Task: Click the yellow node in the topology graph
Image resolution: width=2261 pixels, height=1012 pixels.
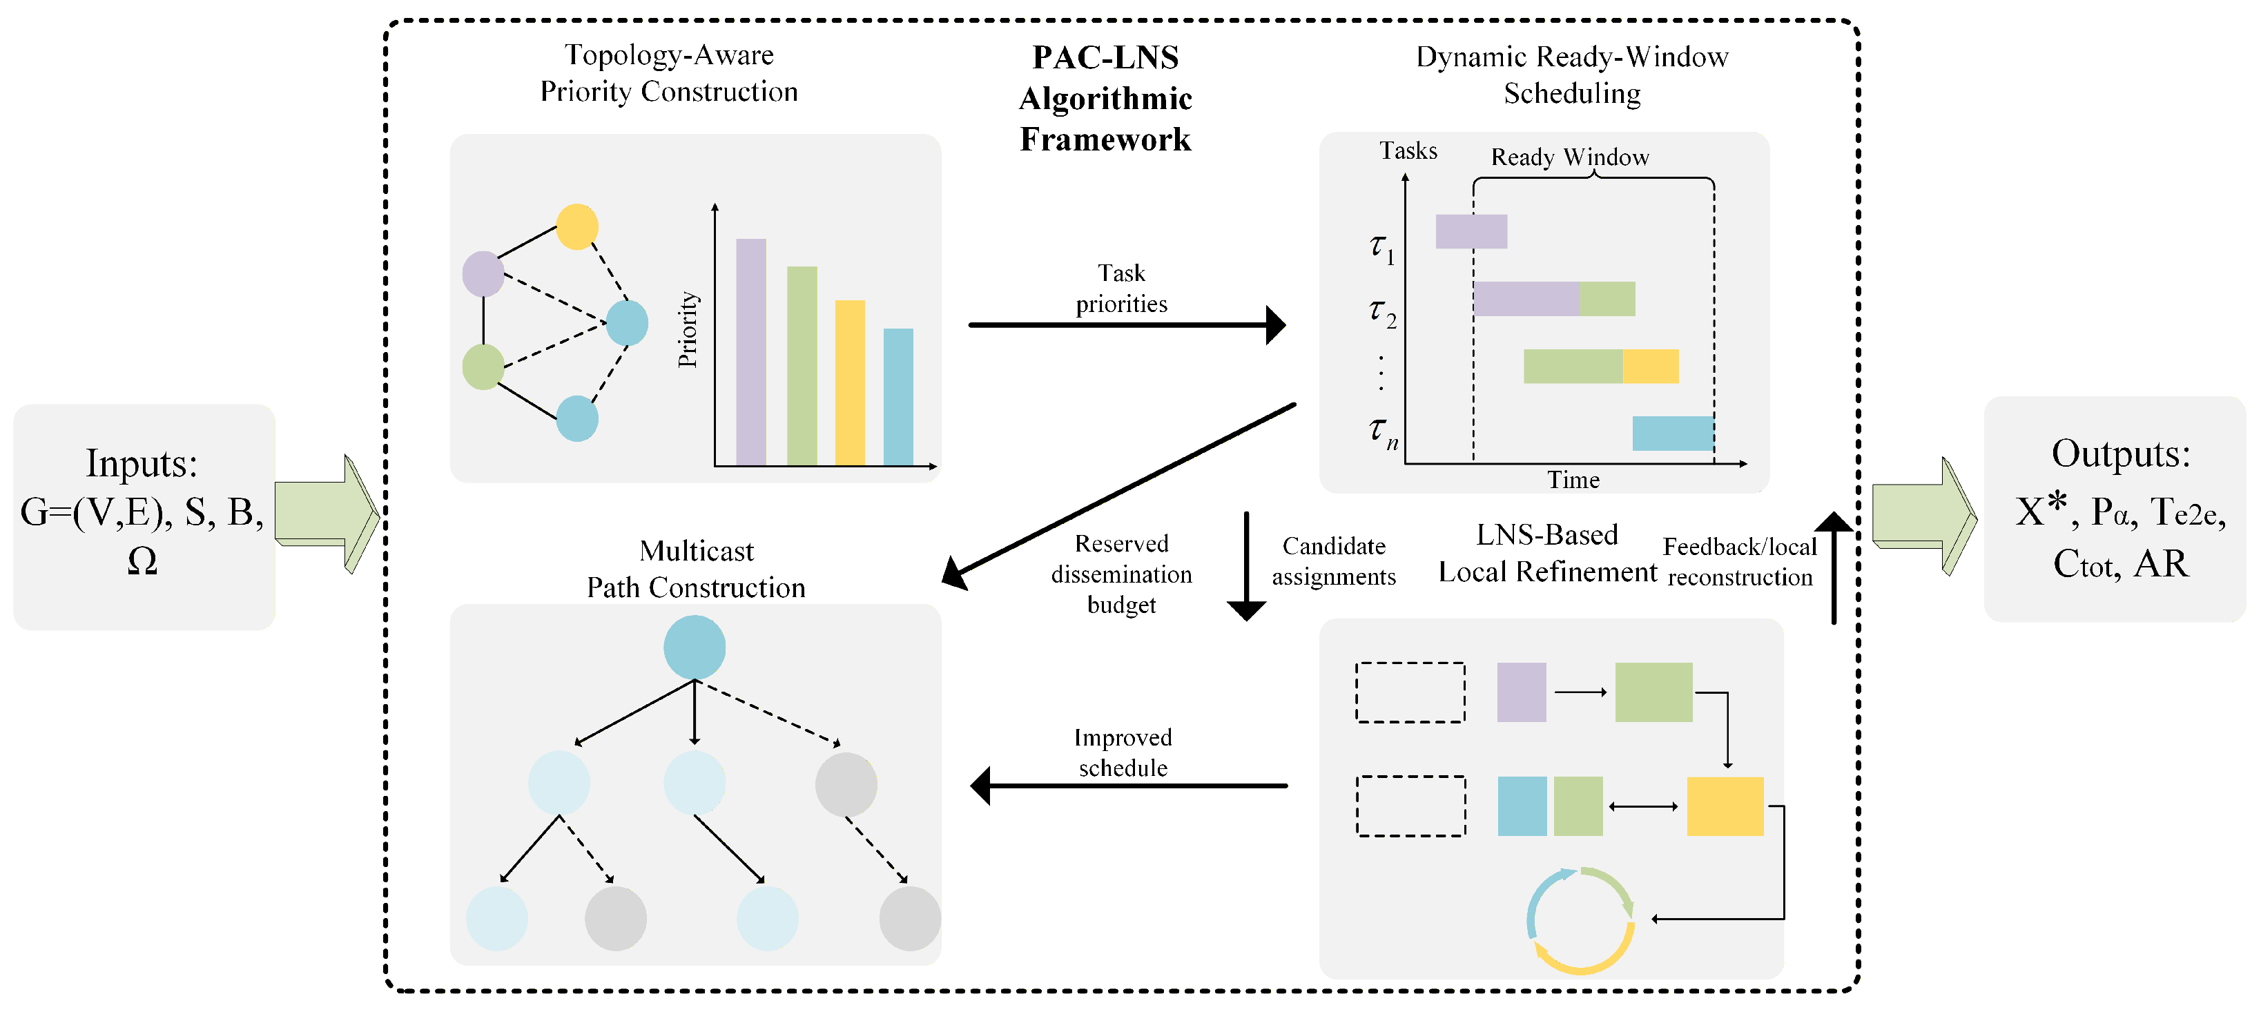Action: click(x=578, y=226)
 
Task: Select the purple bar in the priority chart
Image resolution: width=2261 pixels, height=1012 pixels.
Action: click(x=751, y=351)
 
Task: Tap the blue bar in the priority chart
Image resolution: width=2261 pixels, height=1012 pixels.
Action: click(x=898, y=397)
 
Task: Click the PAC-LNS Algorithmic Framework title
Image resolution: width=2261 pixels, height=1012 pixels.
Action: click(x=1105, y=98)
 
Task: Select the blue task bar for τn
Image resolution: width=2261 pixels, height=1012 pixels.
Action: click(x=1673, y=434)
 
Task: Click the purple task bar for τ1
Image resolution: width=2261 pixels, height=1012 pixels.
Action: click(x=1471, y=232)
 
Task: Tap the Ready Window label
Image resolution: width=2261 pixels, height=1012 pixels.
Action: click(x=1570, y=157)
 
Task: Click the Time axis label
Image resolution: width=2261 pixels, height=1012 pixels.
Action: click(x=1573, y=480)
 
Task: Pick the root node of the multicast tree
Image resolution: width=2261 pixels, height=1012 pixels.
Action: click(x=695, y=647)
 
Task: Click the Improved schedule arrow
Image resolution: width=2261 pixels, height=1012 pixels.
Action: click(x=1129, y=786)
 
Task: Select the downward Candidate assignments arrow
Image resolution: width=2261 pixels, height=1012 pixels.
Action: click(x=1246, y=566)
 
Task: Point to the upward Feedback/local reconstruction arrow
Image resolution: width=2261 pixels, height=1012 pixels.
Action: click(x=1834, y=568)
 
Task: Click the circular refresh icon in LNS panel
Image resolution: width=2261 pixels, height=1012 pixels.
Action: click(x=1580, y=921)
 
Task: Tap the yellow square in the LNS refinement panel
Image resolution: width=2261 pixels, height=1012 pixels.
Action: click(x=1725, y=806)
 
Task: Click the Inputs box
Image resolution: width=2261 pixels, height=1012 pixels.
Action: click(x=144, y=516)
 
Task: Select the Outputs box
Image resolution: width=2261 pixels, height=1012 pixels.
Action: click(x=2115, y=509)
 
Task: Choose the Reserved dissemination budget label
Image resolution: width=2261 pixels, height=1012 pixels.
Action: click(x=1122, y=574)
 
